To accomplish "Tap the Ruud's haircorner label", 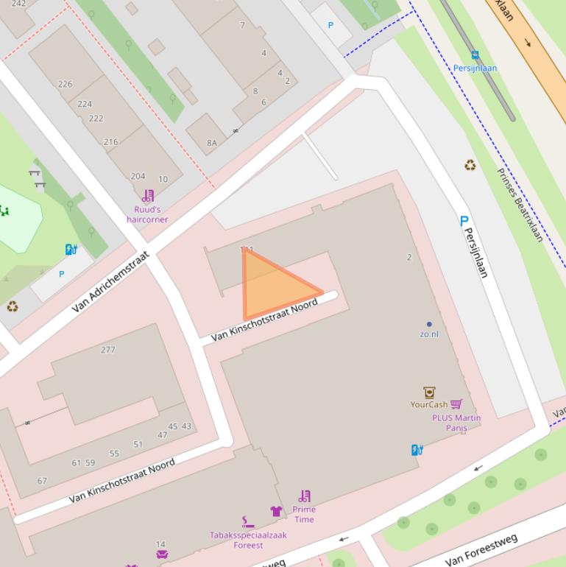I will click(147, 214).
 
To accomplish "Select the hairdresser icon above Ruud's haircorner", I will click(148, 196).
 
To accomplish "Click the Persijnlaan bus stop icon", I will click(475, 54).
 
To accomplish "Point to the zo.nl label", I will click(429, 334).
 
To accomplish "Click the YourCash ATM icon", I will click(429, 392).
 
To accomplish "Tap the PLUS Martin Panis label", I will click(456, 423).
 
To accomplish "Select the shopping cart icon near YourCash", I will click(456, 404).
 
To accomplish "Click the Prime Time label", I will click(304, 514).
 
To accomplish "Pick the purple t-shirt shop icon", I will click(276, 510).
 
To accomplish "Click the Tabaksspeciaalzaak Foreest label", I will click(248, 540).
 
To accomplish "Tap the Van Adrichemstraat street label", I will click(111, 281).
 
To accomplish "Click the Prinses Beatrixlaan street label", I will click(520, 205).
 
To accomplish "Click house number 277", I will click(108, 350).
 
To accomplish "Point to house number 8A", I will click(212, 143).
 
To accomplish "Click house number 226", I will click(66, 84).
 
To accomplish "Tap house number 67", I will click(42, 481).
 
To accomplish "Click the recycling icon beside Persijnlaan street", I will click(470, 166).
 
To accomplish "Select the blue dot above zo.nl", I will click(429, 324).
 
